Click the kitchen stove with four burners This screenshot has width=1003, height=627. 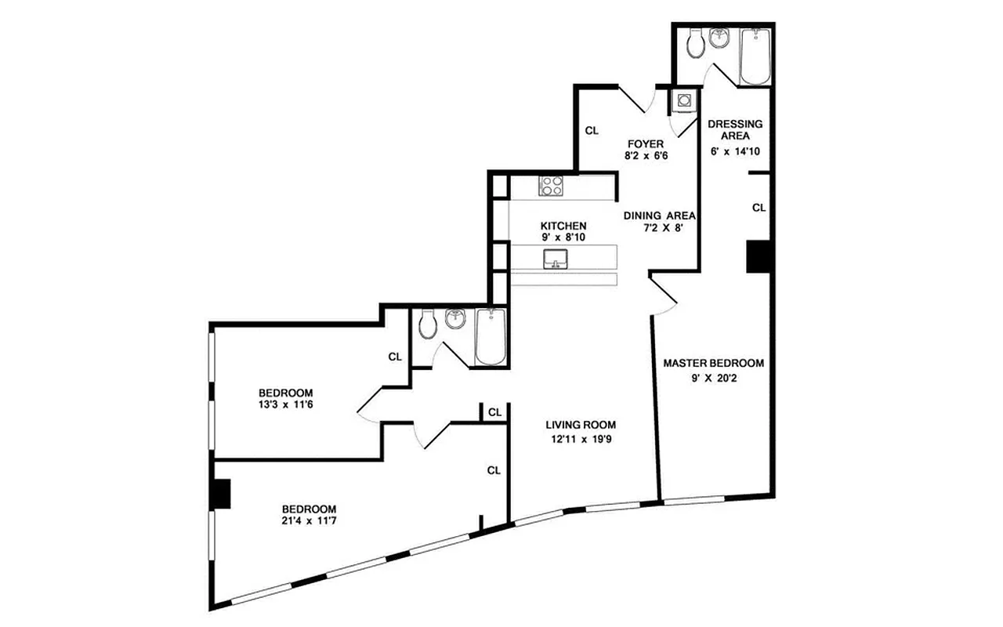point(550,186)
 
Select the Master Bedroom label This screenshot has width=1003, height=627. point(713,363)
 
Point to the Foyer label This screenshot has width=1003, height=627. point(646,143)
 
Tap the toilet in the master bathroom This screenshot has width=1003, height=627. point(694,45)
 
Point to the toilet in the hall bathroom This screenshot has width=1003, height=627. point(428,324)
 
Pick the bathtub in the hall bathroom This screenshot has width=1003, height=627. point(491,337)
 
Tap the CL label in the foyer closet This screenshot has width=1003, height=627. point(591,131)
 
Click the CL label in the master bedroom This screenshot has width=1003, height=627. point(759,208)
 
